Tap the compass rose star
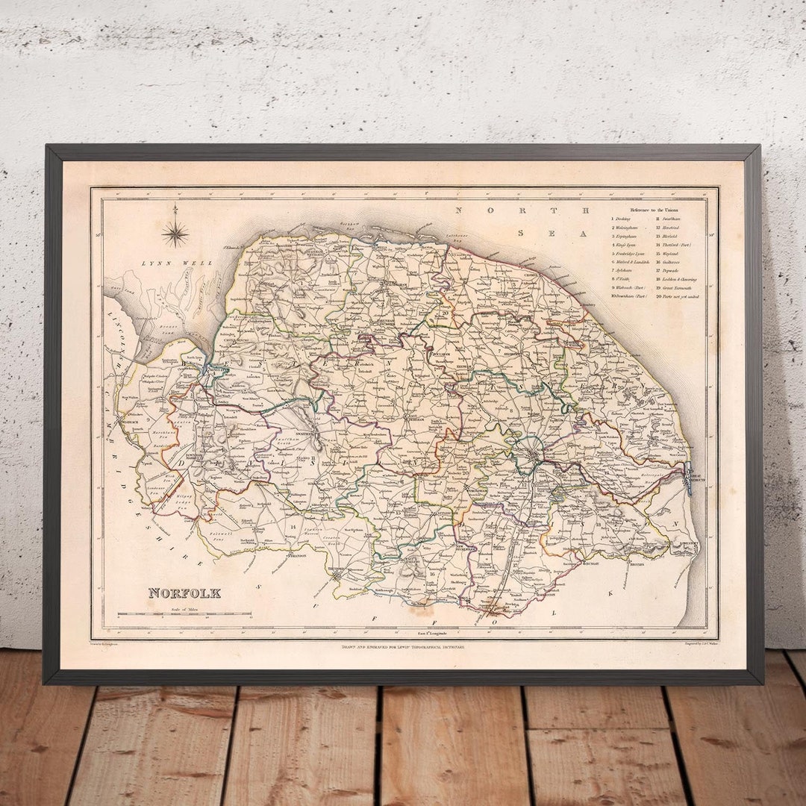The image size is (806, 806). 175,234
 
